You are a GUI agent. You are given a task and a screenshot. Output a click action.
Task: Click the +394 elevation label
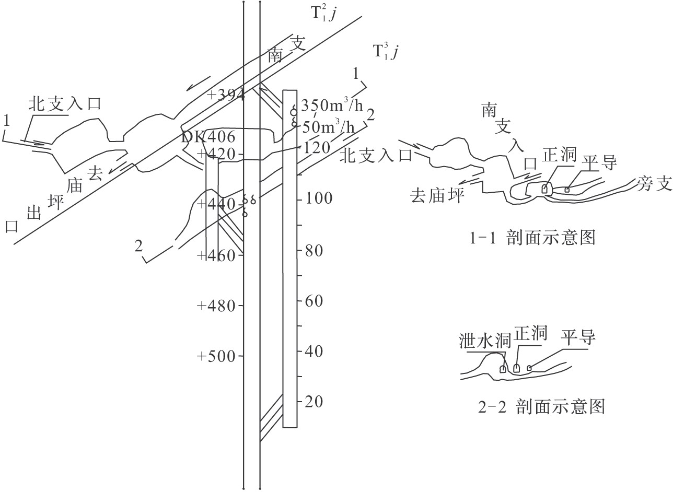point(226,95)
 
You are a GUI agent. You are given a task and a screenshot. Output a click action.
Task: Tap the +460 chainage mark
point(222,255)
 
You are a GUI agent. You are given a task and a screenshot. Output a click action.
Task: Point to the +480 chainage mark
point(219,306)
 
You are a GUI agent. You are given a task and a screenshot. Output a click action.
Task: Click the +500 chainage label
point(219,356)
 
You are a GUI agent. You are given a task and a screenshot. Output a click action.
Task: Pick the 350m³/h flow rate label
point(332,106)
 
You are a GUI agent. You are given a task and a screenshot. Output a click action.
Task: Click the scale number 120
point(316,148)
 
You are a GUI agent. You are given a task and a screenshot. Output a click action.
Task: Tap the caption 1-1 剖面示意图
point(532,238)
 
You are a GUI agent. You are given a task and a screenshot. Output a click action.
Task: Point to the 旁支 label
point(654,183)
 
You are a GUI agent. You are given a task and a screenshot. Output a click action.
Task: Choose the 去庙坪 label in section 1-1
point(437,196)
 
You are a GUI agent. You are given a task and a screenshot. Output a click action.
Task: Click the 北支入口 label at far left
point(64,104)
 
